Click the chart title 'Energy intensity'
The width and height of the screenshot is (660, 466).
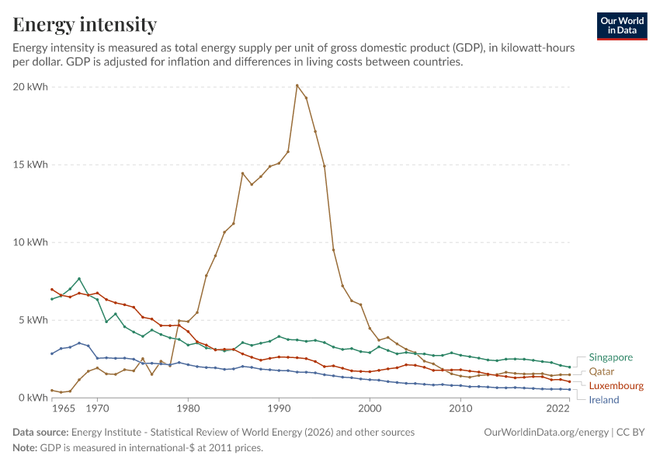85,24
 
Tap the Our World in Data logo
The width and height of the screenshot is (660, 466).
622,26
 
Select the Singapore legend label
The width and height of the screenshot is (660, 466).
611,357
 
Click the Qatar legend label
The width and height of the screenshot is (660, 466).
602,372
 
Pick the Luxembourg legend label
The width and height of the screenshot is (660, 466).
617,385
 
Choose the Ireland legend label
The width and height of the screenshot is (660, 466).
604,400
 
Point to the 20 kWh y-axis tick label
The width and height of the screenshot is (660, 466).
30,87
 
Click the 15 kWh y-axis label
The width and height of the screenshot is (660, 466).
30,165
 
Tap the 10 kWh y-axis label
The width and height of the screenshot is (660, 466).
30,242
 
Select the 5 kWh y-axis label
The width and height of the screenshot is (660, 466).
33,320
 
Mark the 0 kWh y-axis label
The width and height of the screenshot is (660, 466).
33,398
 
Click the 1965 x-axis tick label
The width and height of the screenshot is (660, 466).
64,409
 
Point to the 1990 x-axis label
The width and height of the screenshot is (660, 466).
279,409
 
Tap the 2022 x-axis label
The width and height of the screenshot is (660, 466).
558,409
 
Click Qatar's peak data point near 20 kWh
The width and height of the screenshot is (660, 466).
297,85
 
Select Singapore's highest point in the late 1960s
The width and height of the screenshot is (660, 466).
79,279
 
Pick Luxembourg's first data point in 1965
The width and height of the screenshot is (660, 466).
52,290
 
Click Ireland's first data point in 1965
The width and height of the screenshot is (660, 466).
52,353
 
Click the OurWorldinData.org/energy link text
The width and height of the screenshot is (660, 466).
547,433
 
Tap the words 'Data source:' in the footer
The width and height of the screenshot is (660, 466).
40,433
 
